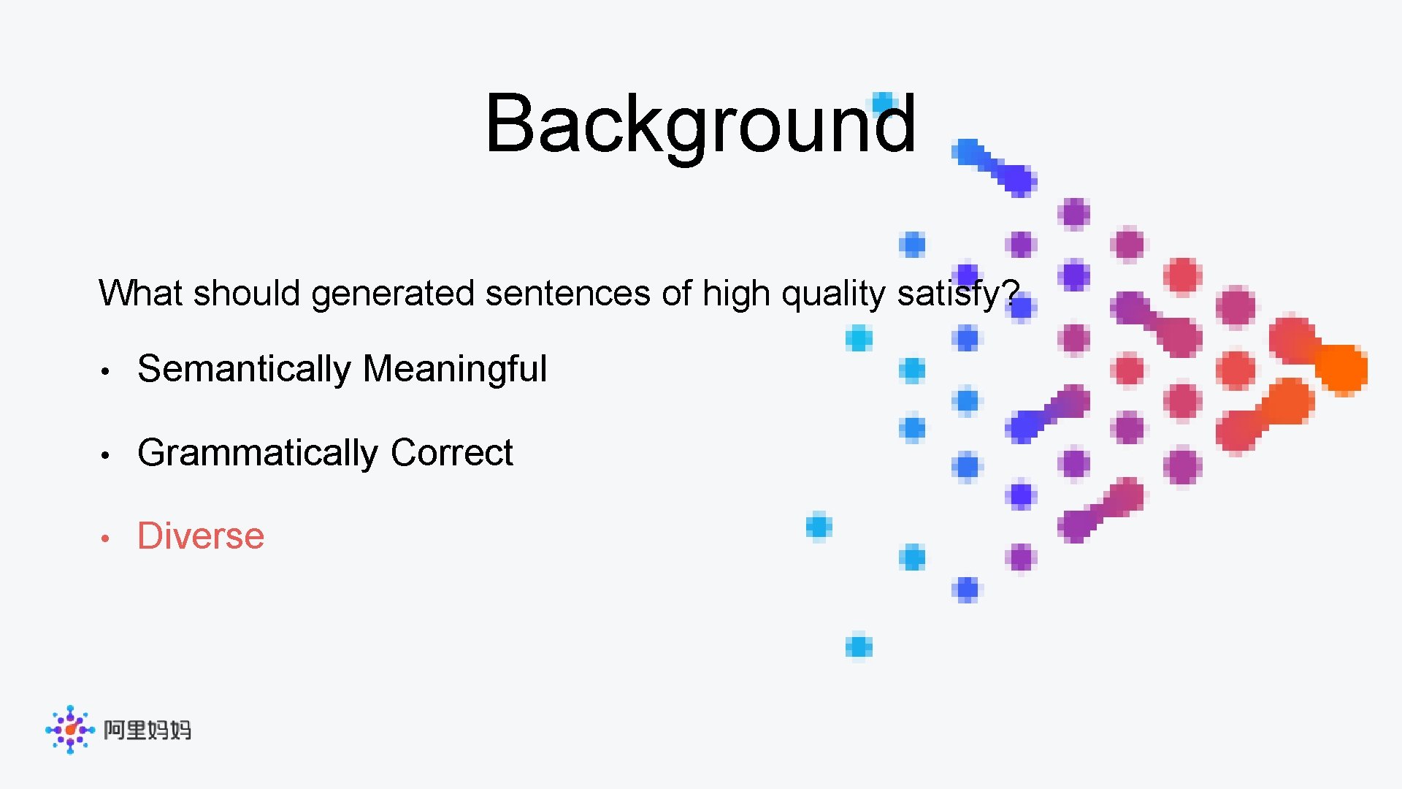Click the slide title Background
point(700,124)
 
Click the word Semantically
point(244,368)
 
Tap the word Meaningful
point(454,368)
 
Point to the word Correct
point(451,452)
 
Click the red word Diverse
point(201,535)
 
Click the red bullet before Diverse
point(105,538)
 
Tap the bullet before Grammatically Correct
point(105,455)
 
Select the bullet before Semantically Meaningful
point(105,371)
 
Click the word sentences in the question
point(567,293)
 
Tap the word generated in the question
point(393,294)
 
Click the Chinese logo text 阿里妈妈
point(147,730)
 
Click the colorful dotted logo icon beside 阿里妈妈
point(70,729)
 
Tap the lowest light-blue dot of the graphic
point(859,647)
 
